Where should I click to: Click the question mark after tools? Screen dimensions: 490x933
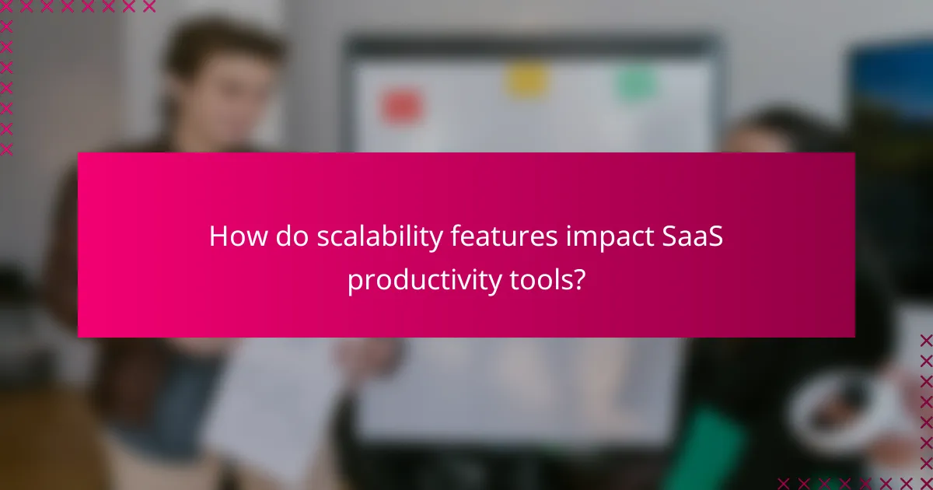tap(578, 278)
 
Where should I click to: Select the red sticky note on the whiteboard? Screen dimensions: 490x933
tap(401, 107)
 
